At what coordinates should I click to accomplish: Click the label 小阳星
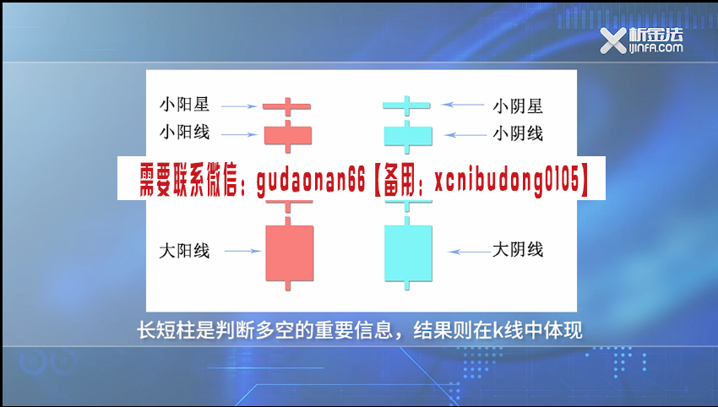coord(184,105)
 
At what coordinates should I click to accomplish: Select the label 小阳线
coord(184,133)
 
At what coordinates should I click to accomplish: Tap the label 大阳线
coord(184,251)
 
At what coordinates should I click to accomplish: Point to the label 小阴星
coord(518,106)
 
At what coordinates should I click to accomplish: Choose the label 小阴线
coord(518,133)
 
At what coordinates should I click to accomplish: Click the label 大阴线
coord(518,250)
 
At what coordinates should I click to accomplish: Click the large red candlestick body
coord(290,252)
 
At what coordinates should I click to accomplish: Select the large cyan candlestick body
coord(408,252)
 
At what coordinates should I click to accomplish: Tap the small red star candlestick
coord(287,106)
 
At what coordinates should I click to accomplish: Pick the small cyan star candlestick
coord(406,106)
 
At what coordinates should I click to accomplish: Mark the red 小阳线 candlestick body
coord(288,135)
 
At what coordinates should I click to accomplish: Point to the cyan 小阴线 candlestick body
coord(408,135)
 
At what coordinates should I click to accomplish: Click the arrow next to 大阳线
coord(242,251)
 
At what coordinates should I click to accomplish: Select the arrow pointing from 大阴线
coord(470,252)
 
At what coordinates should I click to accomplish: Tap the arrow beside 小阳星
coord(239,106)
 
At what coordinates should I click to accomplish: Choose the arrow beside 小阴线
coord(465,135)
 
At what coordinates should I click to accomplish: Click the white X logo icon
coord(613,41)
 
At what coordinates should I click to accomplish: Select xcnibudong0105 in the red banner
coord(507,180)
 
